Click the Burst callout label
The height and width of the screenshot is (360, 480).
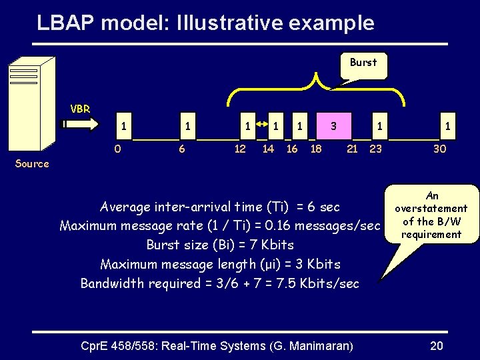click(x=363, y=63)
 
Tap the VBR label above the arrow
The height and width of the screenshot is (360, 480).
click(x=81, y=108)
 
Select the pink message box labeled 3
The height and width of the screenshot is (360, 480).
click(x=333, y=125)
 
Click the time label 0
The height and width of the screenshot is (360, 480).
click(x=117, y=149)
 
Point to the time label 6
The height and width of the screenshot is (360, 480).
click(x=181, y=149)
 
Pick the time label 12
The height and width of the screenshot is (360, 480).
click(x=240, y=149)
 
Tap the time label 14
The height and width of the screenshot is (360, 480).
click(x=268, y=149)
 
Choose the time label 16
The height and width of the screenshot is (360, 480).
click(x=292, y=149)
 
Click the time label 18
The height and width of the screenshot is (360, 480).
click(x=316, y=149)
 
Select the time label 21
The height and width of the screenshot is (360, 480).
click(x=353, y=149)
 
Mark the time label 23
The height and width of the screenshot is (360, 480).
click(x=375, y=149)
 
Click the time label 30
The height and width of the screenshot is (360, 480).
click(x=439, y=149)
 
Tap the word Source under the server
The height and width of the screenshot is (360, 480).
click(x=32, y=163)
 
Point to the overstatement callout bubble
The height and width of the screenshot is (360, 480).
click(x=432, y=215)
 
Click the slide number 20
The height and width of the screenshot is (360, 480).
click(x=437, y=345)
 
